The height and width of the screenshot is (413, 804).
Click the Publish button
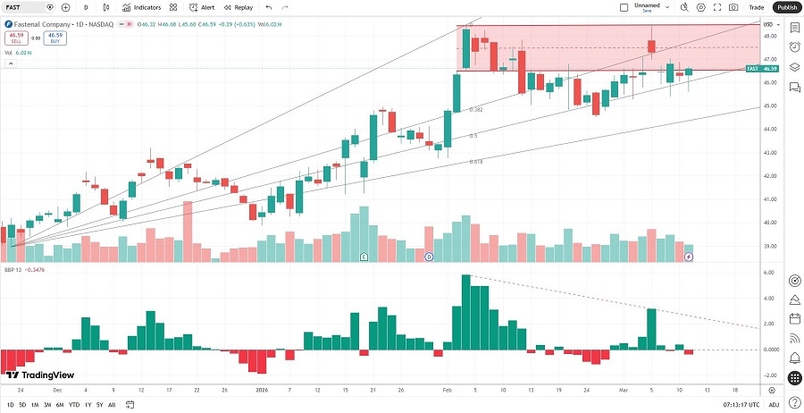787,7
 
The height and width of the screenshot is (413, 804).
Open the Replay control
238,7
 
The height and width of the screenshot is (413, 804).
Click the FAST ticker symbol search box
24,7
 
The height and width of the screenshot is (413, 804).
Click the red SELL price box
16,38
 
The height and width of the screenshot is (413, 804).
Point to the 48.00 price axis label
769,37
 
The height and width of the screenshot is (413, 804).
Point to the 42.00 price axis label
769,176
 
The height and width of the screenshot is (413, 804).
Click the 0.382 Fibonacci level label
476,110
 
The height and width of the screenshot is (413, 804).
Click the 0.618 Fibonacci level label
475,162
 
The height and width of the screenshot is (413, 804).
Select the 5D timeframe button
22,405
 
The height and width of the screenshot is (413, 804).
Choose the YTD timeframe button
73,405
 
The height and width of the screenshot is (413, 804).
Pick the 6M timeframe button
59,405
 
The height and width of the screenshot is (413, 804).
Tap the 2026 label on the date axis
262,391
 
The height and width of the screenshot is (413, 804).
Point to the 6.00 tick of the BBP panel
769,274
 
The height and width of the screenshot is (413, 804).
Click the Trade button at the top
756,7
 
